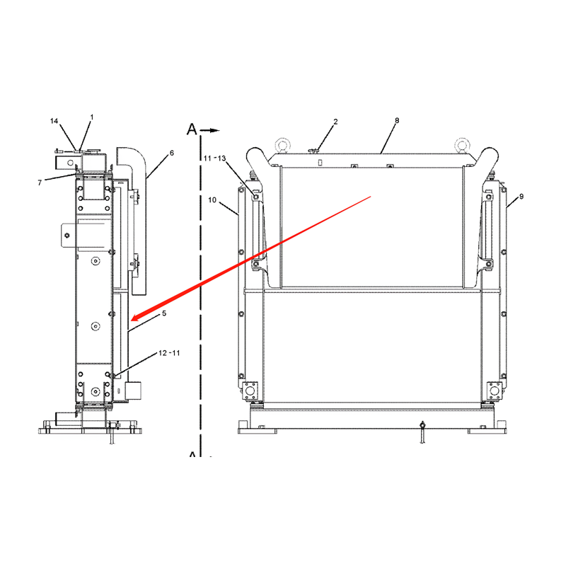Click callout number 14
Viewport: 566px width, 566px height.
(54, 121)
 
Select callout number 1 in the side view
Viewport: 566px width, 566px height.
(92, 117)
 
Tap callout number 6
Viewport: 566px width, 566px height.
(172, 153)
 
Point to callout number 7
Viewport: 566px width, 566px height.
(40, 183)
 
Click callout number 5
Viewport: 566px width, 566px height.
(164, 313)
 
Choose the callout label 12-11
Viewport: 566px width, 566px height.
(169, 353)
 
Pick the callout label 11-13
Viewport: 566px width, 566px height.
(215, 158)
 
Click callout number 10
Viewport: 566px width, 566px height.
(212, 200)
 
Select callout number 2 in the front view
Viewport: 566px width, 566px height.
(335, 122)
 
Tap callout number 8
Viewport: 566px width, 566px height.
(397, 120)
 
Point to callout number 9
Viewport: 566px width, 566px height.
(521, 197)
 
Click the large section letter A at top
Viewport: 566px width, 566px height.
(192, 129)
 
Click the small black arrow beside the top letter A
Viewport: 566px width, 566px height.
(210, 130)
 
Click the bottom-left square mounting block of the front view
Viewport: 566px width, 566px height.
(250, 391)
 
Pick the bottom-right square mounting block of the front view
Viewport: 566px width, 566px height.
(495, 391)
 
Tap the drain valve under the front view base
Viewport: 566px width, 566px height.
(422, 432)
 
